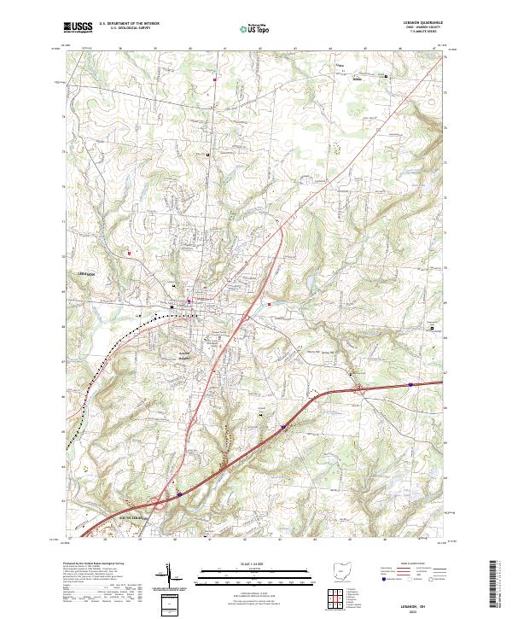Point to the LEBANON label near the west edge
79,272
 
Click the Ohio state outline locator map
340,570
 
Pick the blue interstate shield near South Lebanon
180,493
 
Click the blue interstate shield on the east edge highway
410,384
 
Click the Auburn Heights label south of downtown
183,355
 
